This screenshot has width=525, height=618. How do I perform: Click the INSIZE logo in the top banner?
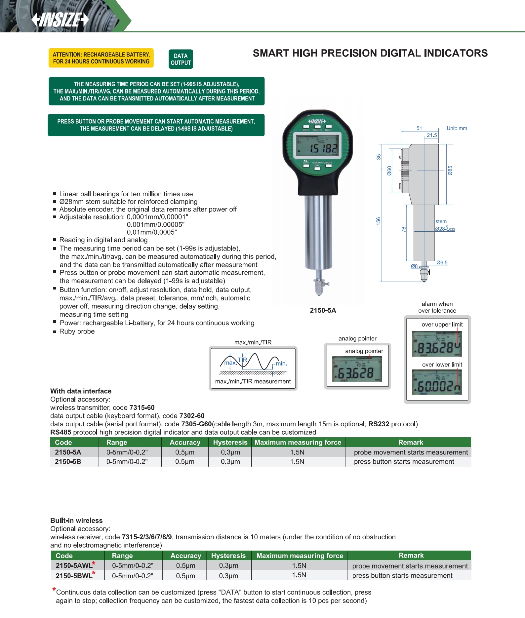[x=60, y=19]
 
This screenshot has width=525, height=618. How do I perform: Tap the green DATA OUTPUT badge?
[x=181, y=59]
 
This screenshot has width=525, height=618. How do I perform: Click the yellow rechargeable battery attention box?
[x=101, y=58]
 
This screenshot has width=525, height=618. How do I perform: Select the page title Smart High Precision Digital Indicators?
[x=370, y=53]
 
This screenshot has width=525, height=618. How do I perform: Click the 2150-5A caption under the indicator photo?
[x=323, y=310]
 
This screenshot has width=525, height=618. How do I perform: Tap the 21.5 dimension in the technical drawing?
[x=431, y=135]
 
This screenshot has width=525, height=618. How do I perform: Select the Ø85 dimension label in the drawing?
[x=450, y=171]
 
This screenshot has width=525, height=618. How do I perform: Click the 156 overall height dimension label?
[x=378, y=221]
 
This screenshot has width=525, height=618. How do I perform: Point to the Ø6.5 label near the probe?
[x=442, y=263]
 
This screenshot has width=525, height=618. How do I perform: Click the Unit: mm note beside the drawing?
[x=457, y=128]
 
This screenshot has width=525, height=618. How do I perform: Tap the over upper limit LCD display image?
[x=436, y=344]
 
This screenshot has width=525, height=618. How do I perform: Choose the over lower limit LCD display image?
[x=436, y=382]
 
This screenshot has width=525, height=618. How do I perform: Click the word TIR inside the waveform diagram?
[x=242, y=360]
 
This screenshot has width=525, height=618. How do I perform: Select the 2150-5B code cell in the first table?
[x=68, y=462]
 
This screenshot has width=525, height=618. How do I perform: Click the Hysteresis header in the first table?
[x=230, y=443]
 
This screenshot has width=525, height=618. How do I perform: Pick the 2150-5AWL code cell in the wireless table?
[x=74, y=565]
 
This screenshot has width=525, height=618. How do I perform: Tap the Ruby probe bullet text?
[x=77, y=331]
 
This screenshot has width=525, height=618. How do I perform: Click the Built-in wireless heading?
[x=76, y=521]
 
